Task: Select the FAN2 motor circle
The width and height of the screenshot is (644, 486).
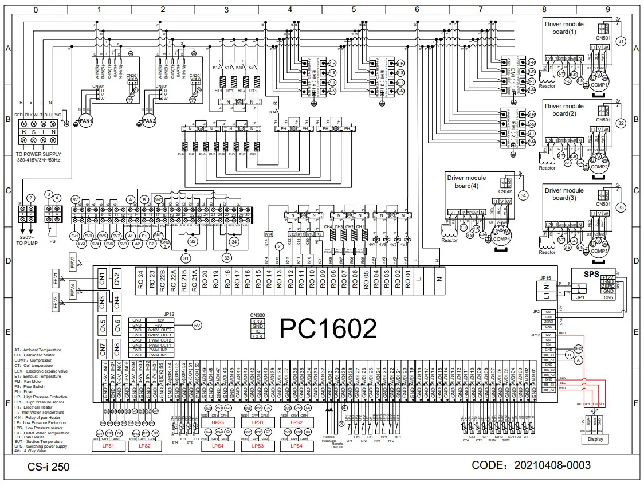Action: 148,121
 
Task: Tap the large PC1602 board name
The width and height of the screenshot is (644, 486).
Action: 328,328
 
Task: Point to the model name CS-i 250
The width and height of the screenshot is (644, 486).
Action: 49,467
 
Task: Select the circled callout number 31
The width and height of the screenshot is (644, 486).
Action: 621,40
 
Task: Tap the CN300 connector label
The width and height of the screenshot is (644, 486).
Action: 258,315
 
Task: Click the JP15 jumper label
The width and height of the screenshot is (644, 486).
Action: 545,278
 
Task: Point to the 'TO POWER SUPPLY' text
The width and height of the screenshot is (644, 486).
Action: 38,155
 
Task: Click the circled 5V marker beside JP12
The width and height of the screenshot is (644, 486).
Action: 197,325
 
